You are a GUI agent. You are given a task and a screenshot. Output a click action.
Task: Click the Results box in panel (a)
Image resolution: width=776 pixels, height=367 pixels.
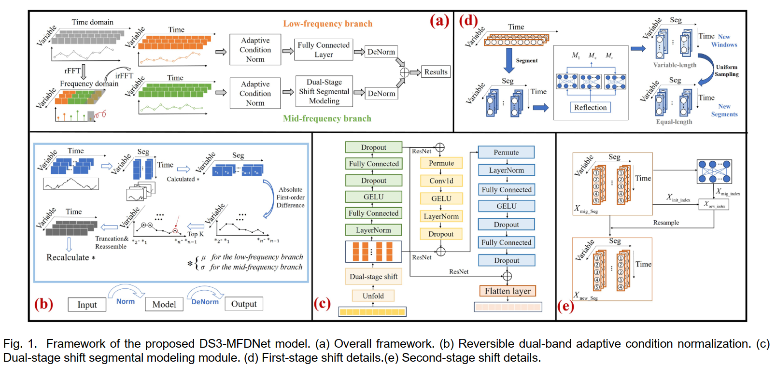pyautogui.click(x=436, y=72)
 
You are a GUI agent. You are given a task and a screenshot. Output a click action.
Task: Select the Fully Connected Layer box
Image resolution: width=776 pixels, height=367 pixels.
pyautogui.click(x=323, y=50)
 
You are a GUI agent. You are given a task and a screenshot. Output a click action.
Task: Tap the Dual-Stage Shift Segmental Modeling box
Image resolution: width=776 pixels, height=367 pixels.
pyautogui.click(x=324, y=91)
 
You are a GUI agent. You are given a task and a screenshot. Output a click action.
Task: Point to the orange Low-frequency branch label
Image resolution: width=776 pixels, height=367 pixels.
pyautogui.click(x=327, y=24)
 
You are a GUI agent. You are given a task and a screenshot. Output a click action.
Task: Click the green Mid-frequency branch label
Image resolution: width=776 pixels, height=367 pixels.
pyautogui.click(x=327, y=118)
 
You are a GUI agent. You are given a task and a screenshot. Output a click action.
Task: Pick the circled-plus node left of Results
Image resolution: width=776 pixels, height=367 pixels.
pyautogui.click(x=404, y=72)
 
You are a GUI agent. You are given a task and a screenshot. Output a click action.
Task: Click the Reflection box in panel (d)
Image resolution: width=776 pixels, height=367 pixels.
pyautogui.click(x=590, y=107)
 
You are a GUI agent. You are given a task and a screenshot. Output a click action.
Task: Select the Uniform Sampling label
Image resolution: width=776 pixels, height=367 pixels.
pyautogui.click(x=726, y=71)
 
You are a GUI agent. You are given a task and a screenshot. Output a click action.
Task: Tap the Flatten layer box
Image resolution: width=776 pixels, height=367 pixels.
pyautogui.click(x=508, y=291)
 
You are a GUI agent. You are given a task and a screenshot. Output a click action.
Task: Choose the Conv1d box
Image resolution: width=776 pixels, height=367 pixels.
pyautogui.click(x=441, y=181)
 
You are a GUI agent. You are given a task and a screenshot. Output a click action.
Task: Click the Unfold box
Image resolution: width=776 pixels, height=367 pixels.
pyautogui.click(x=373, y=296)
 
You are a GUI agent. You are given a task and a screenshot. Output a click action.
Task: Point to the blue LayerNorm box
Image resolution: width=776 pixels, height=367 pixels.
pyautogui.click(x=506, y=170)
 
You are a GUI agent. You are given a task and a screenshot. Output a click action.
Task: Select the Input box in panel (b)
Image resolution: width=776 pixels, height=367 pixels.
pyautogui.click(x=87, y=305)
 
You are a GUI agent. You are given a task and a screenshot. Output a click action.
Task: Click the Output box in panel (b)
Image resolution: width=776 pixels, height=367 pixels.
pyautogui.click(x=244, y=304)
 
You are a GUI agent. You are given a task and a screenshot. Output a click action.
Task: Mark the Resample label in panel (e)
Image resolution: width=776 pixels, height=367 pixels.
pyautogui.click(x=666, y=223)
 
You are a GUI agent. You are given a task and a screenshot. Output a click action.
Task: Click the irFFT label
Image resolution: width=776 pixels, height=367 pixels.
pyautogui.click(x=124, y=76)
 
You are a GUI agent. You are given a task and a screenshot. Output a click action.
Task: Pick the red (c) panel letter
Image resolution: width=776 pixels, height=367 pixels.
pyautogui.click(x=322, y=303)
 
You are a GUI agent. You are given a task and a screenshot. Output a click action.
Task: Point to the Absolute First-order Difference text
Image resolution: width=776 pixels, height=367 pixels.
pyautogui.click(x=290, y=198)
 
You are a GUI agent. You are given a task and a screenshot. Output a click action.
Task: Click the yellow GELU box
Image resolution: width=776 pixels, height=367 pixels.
pyautogui.click(x=441, y=198)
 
